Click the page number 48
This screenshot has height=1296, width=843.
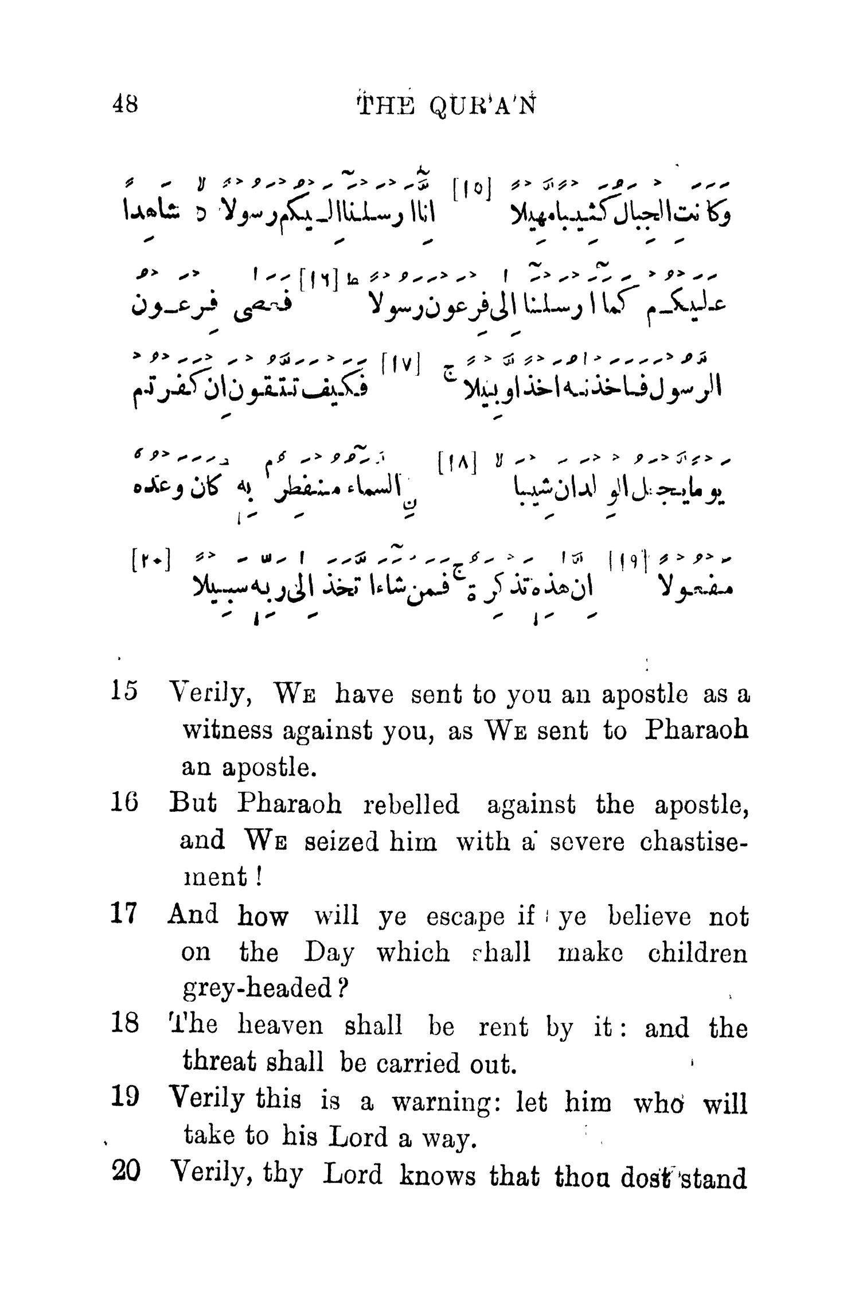pyautogui.click(x=124, y=105)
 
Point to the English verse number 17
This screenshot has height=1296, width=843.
pyautogui.click(x=123, y=914)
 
